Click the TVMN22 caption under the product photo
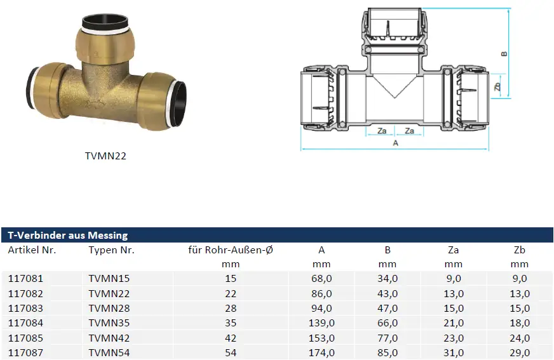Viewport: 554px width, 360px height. click(x=105, y=156)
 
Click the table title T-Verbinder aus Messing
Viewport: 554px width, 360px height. click(x=67, y=236)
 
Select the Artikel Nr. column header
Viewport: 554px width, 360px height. click(x=32, y=250)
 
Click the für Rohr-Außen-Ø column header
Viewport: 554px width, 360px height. click(x=231, y=250)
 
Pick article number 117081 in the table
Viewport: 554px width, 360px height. click(x=25, y=278)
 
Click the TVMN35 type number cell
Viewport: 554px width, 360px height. click(x=110, y=323)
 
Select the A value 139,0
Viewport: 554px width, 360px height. click(x=322, y=323)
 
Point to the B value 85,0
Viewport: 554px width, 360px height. click(x=387, y=352)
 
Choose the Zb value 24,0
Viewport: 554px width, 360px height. click(x=519, y=338)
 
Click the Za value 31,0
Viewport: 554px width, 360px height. click(x=453, y=352)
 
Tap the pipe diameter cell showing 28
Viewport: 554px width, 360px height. click(x=230, y=308)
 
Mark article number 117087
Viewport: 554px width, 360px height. click(x=25, y=352)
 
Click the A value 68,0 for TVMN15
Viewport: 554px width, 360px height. click(x=322, y=278)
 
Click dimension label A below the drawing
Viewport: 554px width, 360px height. click(x=396, y=143)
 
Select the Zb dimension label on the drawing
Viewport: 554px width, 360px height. click(x=497, y=86)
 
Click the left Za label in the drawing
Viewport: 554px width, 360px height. click(x=382, y=131)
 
